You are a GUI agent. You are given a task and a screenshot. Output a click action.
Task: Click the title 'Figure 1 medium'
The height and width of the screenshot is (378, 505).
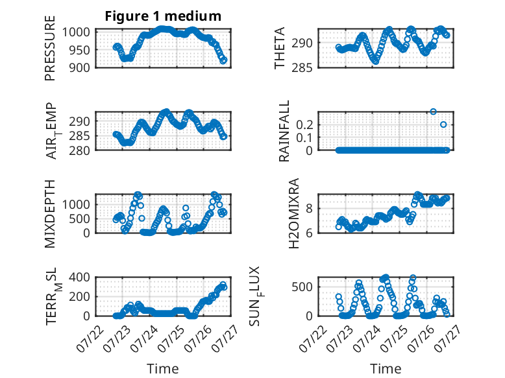click(x=163, y=16)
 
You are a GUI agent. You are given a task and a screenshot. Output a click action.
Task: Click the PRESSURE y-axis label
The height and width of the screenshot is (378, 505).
click(x=50, y=48)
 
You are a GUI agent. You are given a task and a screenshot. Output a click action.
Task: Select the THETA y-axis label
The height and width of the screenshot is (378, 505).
click(x=280, y=48)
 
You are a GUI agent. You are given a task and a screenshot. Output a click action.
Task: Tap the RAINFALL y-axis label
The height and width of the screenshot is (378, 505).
click(x=284, y=131)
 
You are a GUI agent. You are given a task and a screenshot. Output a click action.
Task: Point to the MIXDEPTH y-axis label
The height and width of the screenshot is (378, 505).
click(x=50, y=214)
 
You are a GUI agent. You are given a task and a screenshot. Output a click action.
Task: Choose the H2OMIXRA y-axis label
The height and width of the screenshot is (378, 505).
click(x=294, y=213)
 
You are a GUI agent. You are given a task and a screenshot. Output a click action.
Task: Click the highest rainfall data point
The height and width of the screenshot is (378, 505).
click(x=433, y=112)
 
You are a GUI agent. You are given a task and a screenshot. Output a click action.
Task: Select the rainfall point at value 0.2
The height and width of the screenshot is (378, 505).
click(x=443, y=124)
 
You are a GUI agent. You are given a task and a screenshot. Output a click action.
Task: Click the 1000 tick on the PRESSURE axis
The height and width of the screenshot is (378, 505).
click(x=76, y=32)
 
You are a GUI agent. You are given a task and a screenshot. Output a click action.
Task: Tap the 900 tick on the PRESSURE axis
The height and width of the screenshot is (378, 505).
click(x=80, y=67)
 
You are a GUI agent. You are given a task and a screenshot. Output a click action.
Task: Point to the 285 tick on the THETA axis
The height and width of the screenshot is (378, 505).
click(x=302, y=68)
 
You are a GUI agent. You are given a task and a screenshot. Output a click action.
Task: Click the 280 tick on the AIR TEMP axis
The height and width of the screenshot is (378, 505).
click(x=80, y=150)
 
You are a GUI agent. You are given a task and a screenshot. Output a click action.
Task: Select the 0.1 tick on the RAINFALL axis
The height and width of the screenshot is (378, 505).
click(x=304, y=137)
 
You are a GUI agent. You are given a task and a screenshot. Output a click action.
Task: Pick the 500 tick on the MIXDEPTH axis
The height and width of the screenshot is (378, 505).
click(x=80, y=219)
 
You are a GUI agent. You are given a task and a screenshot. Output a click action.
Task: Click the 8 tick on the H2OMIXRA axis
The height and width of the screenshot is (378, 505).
click(x=310, y=209)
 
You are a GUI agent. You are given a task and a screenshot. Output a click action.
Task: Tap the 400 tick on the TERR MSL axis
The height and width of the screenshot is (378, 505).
click(x=80, y=277)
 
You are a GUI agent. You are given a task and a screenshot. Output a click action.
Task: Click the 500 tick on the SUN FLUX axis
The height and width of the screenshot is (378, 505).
click(x=302, y=287)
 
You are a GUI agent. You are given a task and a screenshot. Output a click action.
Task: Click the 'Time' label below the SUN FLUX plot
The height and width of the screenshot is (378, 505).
click(x=386, y=369)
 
